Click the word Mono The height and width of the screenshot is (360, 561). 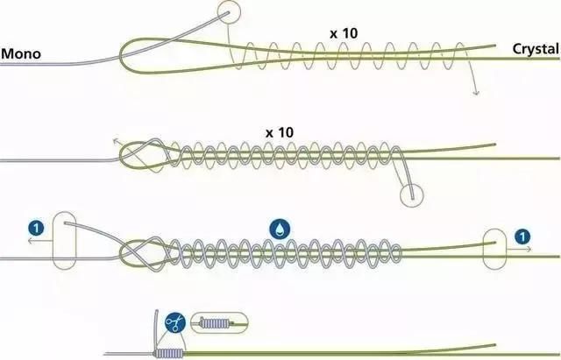click(21, 53)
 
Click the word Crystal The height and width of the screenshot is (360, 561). click(536, 49)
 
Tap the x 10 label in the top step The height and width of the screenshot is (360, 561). click(344, 33)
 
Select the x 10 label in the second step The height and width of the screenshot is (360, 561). click(280, 132)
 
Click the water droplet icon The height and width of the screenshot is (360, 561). click(280, 229)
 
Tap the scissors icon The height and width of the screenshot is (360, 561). click(175, 323)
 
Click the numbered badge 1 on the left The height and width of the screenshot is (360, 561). click(36, 228)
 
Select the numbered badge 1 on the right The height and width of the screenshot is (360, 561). click(522, 236)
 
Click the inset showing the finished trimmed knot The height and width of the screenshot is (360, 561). click(218, 323)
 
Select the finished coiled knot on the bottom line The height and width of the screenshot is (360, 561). click(169, 354)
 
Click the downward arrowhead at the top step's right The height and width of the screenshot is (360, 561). click(476, 93)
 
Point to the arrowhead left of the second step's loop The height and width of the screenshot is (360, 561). click(115, 141)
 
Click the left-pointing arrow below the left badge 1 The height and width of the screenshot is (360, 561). click(40, 241)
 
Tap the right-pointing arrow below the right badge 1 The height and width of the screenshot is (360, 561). click(519, 249)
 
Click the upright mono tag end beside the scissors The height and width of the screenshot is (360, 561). click(156, 328)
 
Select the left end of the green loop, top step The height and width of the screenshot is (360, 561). click(121, 56)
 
